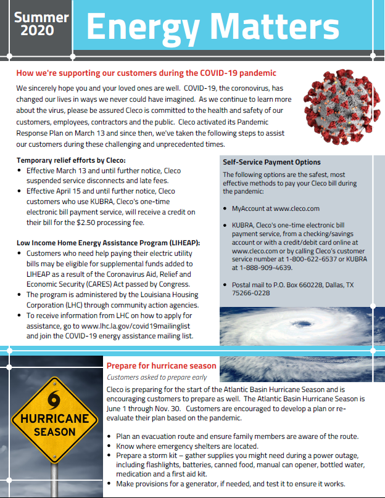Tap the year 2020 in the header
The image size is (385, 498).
(x=41, y=30)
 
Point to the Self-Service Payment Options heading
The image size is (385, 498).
(x=271, y=162)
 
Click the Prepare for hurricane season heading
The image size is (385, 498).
(x=162, y=365)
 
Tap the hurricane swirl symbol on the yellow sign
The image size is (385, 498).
(x=54, y=398)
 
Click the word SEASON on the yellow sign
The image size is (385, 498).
(x=54, y=432)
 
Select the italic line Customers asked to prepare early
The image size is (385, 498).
(x=157, y=377)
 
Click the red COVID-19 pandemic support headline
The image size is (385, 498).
(x=146, y=73)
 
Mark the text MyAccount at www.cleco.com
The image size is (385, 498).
(x=276, y=208)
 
